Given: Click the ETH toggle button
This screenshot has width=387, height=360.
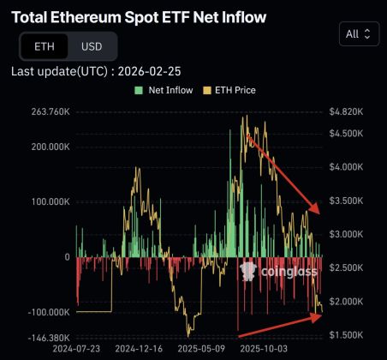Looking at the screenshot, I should point(43,46).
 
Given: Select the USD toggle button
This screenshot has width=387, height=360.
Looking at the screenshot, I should point(90,46).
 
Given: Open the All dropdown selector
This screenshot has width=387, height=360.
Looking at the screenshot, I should point(358,34).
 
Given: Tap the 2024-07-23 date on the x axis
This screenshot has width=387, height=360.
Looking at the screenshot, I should point(77,350).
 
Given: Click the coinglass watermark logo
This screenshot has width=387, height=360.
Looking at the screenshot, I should point(278,272).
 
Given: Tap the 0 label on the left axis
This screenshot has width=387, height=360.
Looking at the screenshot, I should point(66,257).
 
